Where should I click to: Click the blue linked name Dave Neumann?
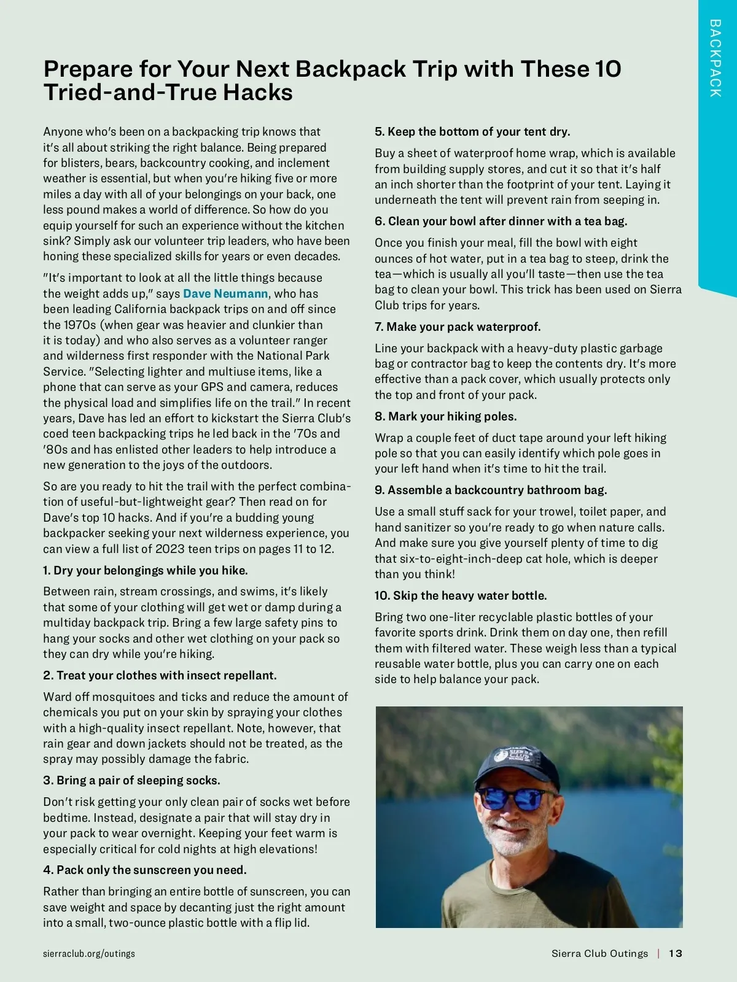tap(225, 293)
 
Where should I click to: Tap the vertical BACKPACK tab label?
tap(715, 58)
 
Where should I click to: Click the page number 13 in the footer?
tap(676, 953)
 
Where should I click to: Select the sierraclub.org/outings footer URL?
tap(89, 953)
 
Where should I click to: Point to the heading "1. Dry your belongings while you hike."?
tap(146, 570)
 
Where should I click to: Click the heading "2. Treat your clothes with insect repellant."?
tap(160, 675)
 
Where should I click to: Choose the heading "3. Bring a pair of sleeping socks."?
tap(131, 780)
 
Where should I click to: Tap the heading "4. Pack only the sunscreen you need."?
tap(145, 870)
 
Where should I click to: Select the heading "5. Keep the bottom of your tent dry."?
tap(472, 131)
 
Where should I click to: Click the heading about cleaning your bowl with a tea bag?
tap(501, 221)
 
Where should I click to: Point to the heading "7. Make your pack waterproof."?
tap(458, 327)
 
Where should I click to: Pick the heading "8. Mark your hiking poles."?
tap(446, 416)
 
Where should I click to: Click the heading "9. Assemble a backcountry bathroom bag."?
tap(491, 490)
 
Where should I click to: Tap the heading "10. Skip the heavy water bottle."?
tap(461, 595)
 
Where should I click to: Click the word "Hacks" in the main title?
tap(257, 93)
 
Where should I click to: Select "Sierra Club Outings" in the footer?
tap(599, 953)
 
